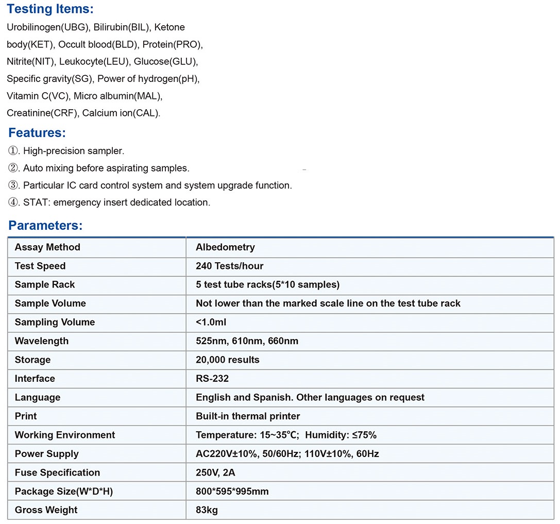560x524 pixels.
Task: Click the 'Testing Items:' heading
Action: point(50,9)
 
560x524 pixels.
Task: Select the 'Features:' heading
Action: point(37,133)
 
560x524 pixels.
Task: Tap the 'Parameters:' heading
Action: point(45,226)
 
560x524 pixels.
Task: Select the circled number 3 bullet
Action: point(13,185)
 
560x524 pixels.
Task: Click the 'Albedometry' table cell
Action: point(225,247)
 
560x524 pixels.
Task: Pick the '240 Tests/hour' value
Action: point(229,266)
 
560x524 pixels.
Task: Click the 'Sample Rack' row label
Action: point(45,285)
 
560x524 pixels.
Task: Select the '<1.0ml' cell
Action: point(211,323)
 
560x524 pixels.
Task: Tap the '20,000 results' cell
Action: point(227,360)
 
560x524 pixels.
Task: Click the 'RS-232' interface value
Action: point(212,379)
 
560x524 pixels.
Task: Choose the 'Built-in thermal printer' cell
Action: point(248,416)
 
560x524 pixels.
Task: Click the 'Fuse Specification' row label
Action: point(57,473)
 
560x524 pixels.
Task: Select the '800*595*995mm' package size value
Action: point(232,492)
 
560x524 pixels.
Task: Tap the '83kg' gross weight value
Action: point(207,510)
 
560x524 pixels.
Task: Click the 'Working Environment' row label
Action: point(65,435)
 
